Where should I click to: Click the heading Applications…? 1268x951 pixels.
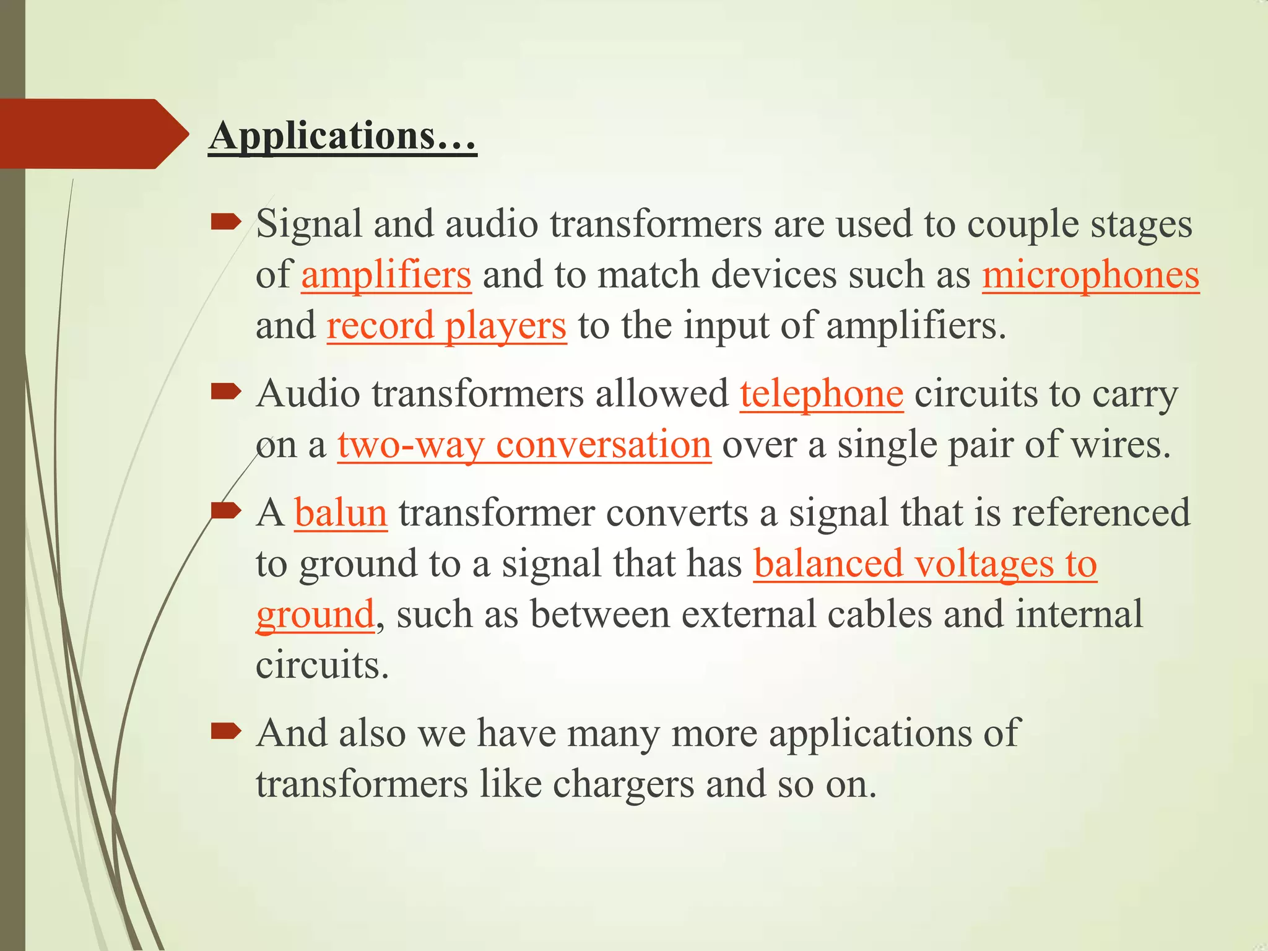(342, 136)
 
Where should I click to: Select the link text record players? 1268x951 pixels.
(446, 326)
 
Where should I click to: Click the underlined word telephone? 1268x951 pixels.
(822, 394)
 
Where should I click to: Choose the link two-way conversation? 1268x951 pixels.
(524, 445)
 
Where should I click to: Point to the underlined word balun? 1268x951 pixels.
(341, 513)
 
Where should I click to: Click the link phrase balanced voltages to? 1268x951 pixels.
(925, 564)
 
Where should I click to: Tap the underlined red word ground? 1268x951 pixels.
(315, 615)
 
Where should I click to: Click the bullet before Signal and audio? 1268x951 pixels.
(225, 222)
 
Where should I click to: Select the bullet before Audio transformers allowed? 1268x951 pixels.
(225, 392)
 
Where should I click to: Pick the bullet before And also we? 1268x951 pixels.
(225, 732)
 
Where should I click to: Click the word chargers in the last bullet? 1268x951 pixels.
(623, 784)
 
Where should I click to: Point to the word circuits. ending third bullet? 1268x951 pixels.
(322, 666)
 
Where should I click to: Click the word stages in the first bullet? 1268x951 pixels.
(1141, 224)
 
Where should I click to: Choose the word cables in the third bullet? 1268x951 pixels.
(879, 615)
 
